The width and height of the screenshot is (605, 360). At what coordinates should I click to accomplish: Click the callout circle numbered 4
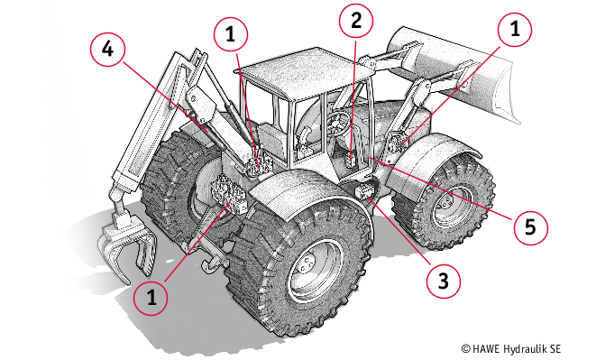click(x=107, y=50)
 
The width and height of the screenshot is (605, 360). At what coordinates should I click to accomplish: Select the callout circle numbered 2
click(x=356, y=20)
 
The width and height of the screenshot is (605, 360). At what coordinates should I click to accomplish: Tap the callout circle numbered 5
click(x=530, y=227)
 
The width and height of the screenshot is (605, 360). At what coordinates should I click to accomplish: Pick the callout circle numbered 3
click(x=444, y=281)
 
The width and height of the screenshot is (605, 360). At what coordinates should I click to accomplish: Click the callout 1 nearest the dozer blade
click(x=515, y=30)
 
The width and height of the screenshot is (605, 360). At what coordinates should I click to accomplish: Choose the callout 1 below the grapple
click(x=151, y=298)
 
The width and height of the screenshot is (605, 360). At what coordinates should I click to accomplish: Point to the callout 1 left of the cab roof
click(x=230, y=34)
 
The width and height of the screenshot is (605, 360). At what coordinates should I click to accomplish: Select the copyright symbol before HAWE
click(x=466, y=349)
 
